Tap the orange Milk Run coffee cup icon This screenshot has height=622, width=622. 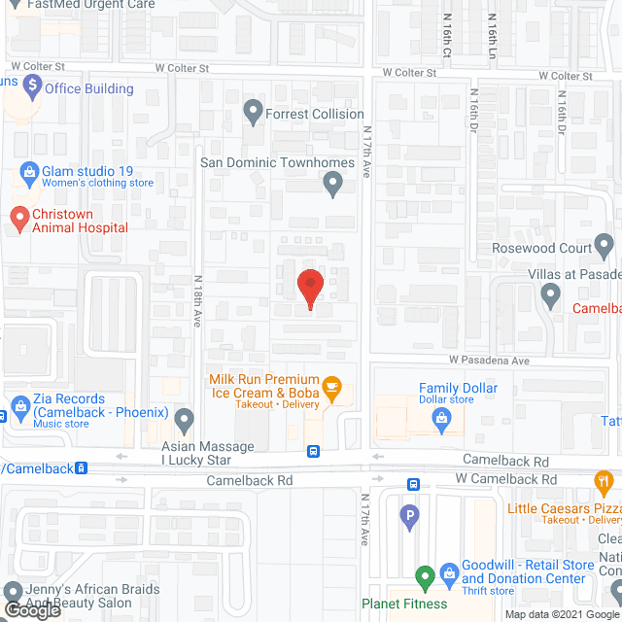click(331, 387)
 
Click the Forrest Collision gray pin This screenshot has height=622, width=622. click(253, 112)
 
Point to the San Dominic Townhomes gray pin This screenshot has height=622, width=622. click(333, 183)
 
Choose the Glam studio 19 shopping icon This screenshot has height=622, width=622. click(26, 176)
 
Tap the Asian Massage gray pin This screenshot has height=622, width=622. click(185, 420)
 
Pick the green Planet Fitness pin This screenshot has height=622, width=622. click(424, 579)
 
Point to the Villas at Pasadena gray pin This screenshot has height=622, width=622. click(551, 293)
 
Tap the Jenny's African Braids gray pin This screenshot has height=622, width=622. click(14, 592)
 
